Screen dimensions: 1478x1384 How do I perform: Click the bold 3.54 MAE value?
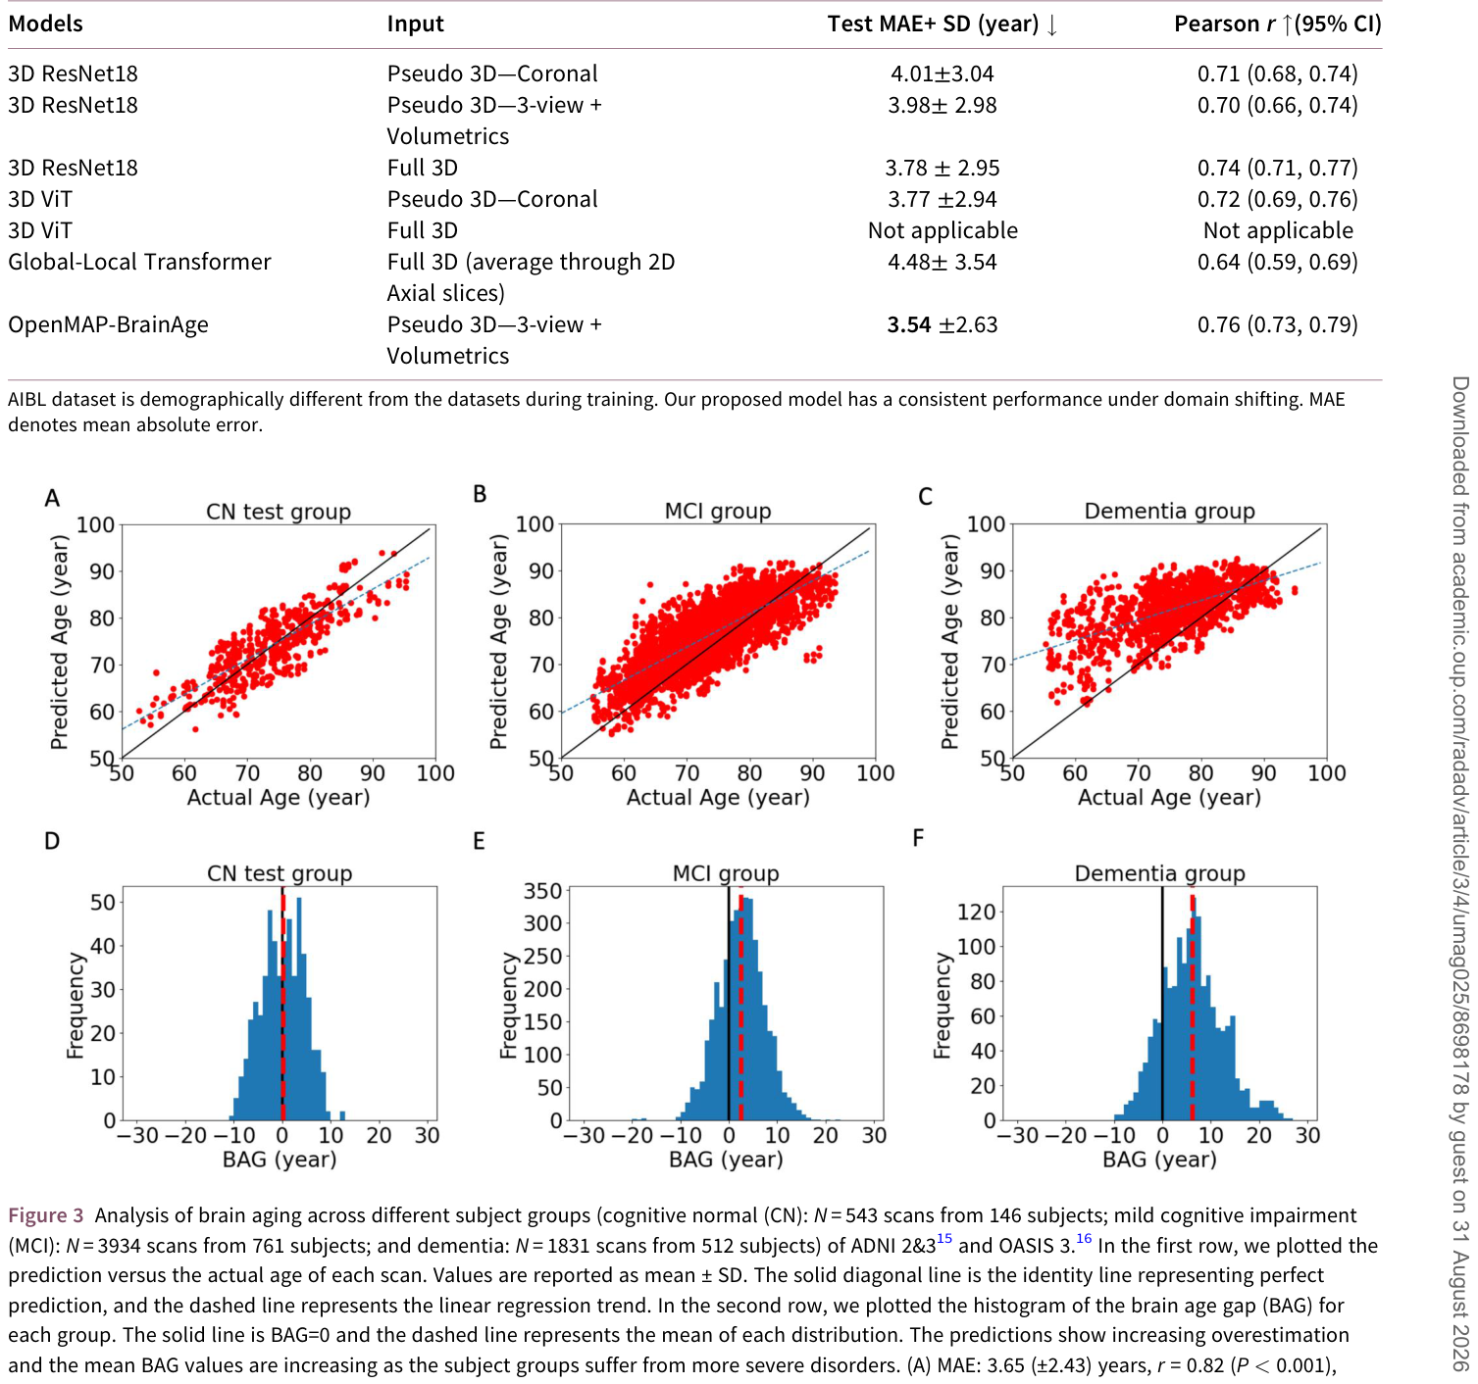tap(908, 324)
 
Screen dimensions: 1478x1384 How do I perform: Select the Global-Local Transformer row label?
tap(139, 262)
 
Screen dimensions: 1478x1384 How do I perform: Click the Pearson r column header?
tap(1277, 24)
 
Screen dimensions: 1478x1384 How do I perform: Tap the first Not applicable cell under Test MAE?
tap(943, 230)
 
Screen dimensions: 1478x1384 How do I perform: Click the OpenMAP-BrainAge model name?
tap(108, 325)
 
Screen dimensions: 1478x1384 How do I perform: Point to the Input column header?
tap(415, 25)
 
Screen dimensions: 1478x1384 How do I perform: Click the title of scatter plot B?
tap(717, 512)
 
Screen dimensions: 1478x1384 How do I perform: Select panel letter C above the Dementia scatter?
tap(925, 496)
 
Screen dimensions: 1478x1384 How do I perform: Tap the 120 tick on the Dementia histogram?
tap(976, 912)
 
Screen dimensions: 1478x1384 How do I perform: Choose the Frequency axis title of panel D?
tap(75, 1005)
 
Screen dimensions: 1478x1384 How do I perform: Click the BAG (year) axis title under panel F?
tap(1159, 1160)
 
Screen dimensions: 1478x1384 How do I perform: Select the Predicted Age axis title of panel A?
tap(59, 641)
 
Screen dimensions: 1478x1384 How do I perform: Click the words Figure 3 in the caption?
tap(45, 1215)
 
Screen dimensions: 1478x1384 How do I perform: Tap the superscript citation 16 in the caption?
tap(1084, 1239)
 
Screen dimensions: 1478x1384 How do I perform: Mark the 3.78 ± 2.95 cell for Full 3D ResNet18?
tap(942, 169)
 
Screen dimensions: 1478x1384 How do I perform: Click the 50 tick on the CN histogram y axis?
tap(103, 903)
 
